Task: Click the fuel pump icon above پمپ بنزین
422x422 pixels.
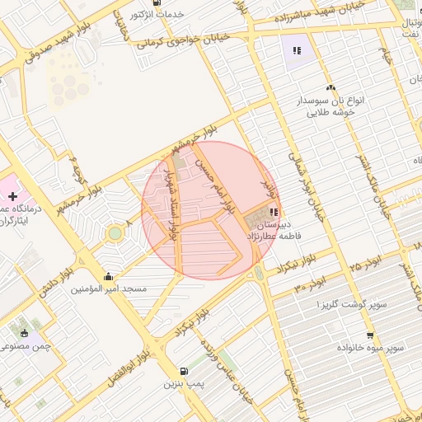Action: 182,370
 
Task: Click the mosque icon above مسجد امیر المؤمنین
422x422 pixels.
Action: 109,276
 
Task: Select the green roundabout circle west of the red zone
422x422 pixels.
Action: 115,233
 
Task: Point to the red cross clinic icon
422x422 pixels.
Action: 12,196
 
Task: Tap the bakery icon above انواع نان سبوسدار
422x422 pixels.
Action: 331,87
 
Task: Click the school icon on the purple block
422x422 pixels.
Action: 297,50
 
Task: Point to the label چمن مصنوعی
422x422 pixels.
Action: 26,347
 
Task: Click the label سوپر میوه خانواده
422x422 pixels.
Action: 369,349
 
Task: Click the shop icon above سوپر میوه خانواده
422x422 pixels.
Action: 370,335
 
